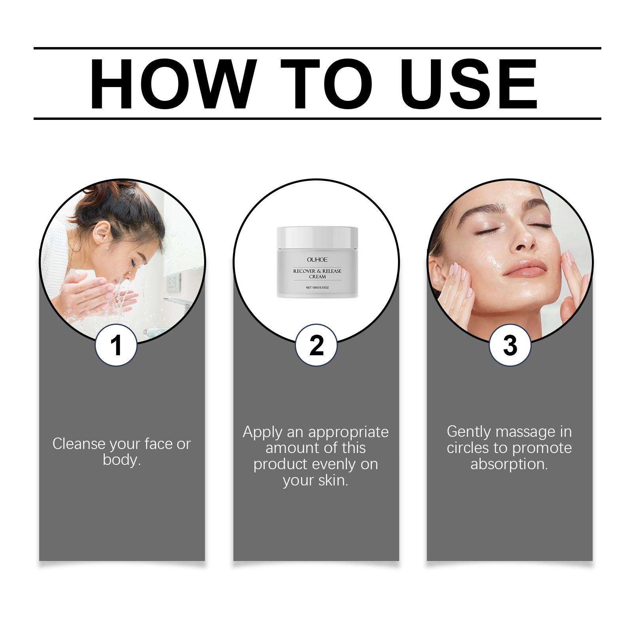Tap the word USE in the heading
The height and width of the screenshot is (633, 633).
[471, 84]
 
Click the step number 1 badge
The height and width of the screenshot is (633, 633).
[116, 345]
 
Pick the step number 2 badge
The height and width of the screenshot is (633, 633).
[316, 345]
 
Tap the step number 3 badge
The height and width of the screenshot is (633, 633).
[510, 345]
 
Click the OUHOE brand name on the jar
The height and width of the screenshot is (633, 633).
[317, 260]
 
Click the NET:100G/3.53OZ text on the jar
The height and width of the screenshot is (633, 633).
[317, 287]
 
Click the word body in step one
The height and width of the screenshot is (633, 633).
[121, 460]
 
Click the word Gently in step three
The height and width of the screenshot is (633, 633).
[469, 432]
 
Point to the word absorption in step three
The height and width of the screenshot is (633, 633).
[509, 464]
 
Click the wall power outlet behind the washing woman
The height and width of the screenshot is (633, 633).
[173, 282]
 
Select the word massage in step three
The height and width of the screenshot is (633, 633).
[526, 432]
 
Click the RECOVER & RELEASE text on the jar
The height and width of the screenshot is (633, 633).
[317, 271]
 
